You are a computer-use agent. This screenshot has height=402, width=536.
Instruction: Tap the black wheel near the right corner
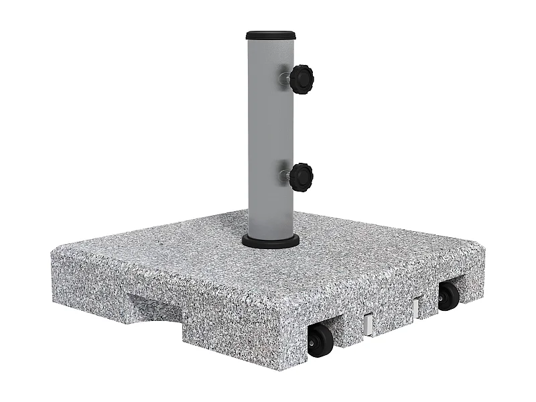click(x=448, y=295)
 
